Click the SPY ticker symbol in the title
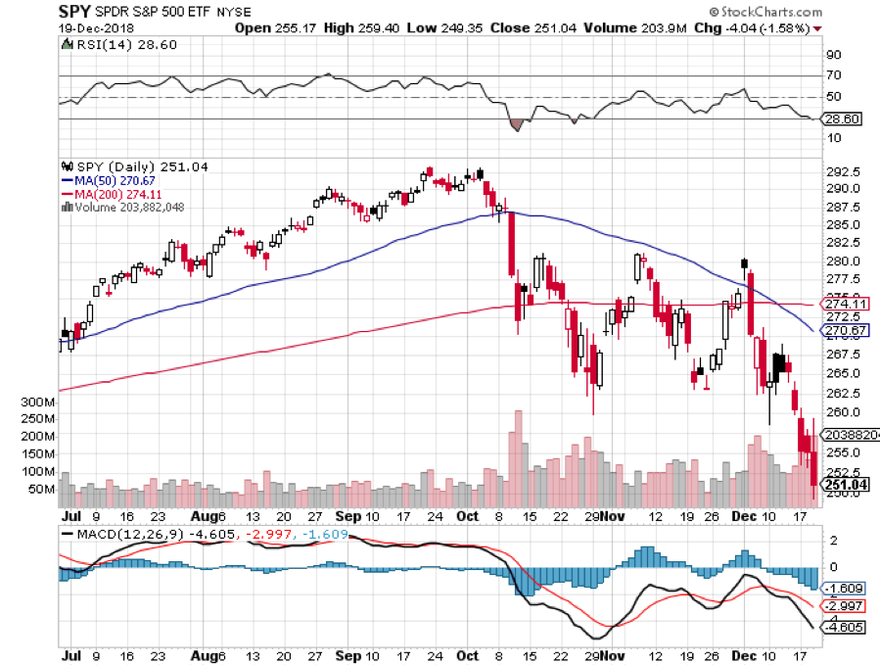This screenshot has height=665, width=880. [75, 12]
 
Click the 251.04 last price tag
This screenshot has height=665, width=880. [848, 483]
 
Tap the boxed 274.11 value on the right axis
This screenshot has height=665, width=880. [848, 305]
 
